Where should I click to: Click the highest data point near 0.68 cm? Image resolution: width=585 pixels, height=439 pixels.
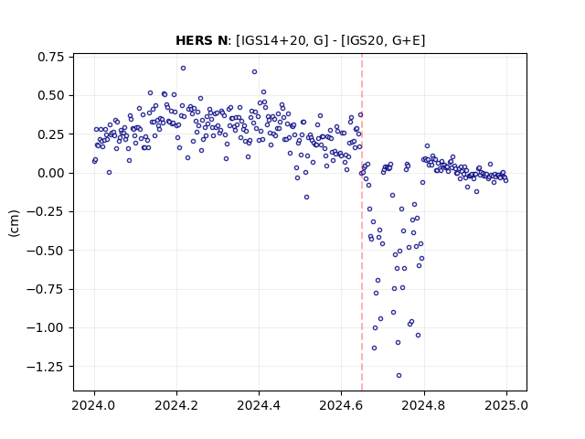[183, 69]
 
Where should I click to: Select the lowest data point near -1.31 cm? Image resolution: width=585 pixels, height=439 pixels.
[399, 376]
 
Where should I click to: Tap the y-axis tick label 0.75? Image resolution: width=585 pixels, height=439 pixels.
[51, 57]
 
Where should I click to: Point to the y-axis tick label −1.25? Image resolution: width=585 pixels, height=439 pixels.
[45, 367]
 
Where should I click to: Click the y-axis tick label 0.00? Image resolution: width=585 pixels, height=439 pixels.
[51, 173]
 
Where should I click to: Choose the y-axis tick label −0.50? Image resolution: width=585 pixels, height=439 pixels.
[45, 251]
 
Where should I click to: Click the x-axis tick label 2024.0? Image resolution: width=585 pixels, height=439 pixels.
[94, 405]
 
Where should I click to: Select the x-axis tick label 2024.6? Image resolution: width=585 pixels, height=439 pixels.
[341, 405]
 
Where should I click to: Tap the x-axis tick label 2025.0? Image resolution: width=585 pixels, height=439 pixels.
[506, 405]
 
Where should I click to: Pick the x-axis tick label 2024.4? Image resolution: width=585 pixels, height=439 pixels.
[259, 405]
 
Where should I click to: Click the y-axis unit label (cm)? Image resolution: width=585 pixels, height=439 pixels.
[14, 223]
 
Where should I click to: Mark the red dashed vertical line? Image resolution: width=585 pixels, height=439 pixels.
[362, 222]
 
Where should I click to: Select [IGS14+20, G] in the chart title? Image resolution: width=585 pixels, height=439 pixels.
[282, 40]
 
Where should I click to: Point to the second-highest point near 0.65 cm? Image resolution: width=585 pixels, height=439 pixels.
[254, 71]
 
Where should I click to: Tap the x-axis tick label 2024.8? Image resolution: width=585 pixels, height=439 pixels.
[423, 405]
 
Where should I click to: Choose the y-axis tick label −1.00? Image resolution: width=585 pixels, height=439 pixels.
[45, 327]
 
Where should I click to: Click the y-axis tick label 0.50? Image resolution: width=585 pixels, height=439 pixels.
[51, 95]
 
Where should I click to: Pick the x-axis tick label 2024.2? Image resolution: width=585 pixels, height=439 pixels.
[176, 405]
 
